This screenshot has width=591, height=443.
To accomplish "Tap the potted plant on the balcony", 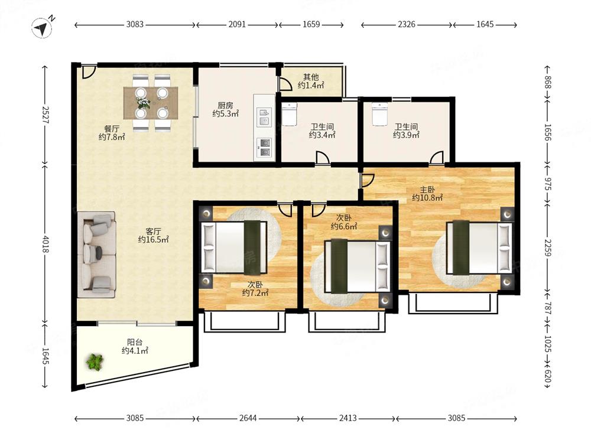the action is tap(95, 362).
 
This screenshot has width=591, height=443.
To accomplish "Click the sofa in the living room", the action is tap(96, 255).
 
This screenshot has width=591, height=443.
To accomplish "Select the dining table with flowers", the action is tap(151, 103).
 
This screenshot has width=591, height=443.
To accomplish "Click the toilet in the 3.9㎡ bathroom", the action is tap(379, 112).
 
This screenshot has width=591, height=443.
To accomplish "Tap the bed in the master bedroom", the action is tap(479, 248).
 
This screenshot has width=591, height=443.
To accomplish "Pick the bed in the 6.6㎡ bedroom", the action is tap(358, 266).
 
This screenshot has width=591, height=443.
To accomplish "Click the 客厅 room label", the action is tap(154, 235).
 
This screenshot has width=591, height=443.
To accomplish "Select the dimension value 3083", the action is tap(135, 24).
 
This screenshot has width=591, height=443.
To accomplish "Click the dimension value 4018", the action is tap(46, 244).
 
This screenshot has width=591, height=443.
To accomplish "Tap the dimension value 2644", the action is tap(248, 418).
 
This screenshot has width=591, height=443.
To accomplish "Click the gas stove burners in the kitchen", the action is tap(264, 147).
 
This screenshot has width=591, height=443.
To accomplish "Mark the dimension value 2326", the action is tap(407, 24).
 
